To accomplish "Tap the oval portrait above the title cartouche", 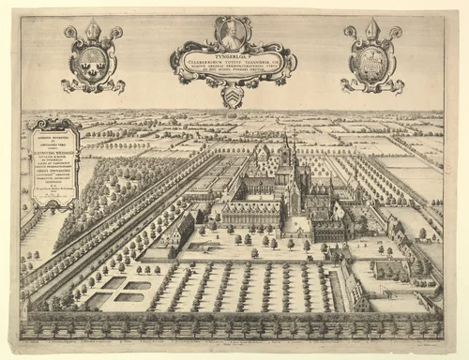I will point(233,34).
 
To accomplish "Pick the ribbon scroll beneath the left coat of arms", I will point(92,86).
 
